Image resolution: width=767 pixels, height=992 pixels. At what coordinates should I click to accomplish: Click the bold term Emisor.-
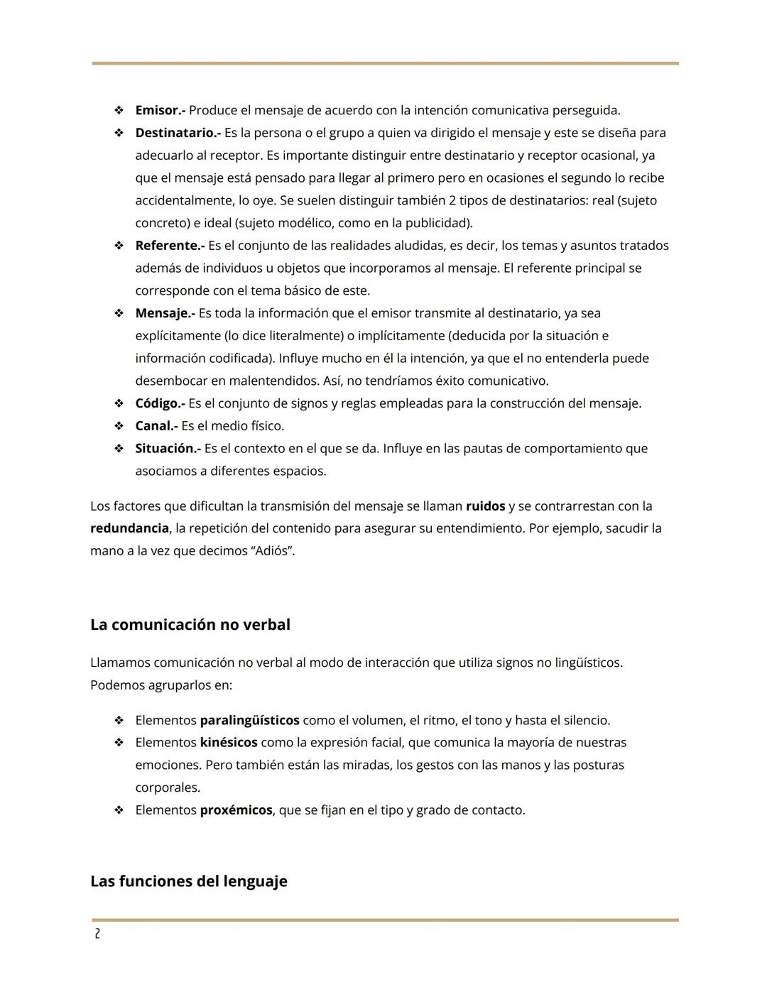[x=161, y=110]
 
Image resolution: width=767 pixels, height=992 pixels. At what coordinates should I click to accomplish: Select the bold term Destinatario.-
[x=178, y=133]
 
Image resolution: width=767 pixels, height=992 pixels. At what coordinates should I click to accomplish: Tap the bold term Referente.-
[x=170, y=246]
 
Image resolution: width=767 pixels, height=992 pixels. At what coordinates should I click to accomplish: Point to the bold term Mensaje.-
[x=165, y=313]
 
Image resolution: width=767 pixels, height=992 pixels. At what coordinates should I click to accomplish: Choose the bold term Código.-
[x=160, y=403]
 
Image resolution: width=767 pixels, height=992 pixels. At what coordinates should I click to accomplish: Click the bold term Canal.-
[x=156, y=426]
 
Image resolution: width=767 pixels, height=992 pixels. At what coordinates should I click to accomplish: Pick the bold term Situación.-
[x=168, y=449]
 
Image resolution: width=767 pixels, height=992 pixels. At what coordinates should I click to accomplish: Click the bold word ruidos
[x=485, y=506]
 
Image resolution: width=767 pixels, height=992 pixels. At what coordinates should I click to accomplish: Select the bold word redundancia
[x=129, y=528]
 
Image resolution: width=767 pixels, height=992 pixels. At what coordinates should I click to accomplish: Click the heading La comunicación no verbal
[x=190, y=625]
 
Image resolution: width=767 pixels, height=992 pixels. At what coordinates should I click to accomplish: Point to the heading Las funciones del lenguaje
[x=188, y=881]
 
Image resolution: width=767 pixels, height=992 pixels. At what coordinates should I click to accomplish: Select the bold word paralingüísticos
[x=249, y=720]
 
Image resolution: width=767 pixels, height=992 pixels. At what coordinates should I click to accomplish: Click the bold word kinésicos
[x=228, y=743]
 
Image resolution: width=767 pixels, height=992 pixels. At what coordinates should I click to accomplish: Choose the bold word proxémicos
[x=236, y=810]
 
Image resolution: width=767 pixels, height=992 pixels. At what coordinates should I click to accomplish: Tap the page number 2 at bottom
[x=97, y=934]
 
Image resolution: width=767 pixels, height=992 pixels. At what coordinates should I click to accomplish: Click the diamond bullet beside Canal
[x=119, y=426]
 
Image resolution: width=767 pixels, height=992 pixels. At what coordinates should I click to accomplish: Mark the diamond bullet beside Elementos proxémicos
[x=119, y=810]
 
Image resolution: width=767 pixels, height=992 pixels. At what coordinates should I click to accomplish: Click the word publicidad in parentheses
[x=437, y=223]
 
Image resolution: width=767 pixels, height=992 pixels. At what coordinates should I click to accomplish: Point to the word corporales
[x=167, y=787]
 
